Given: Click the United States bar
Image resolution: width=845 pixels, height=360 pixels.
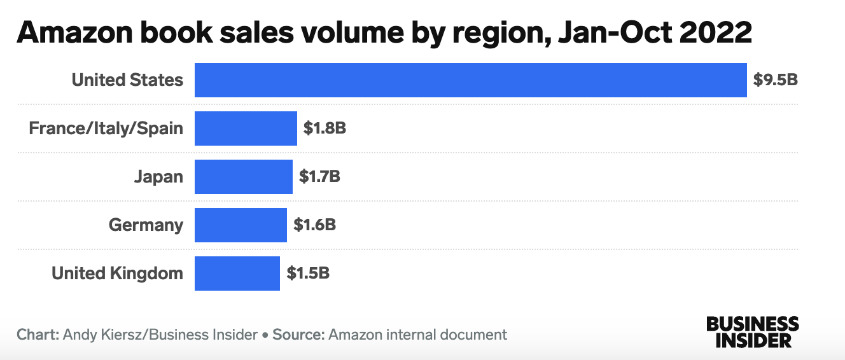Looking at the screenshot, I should tap(470, 80).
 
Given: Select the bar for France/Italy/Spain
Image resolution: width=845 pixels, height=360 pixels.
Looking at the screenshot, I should tap(246, 128).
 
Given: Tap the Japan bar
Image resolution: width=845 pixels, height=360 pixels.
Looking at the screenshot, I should tap(243, 177).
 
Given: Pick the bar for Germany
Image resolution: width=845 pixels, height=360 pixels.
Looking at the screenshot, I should tap(241, 225).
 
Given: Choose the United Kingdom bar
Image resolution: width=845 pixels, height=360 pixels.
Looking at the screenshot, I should tap(237, 273).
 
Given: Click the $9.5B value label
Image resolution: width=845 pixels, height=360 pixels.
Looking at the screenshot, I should tap(775, 80).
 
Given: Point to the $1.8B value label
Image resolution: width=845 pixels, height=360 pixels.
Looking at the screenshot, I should tap(325, 128).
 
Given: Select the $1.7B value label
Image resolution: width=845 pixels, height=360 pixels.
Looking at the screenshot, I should tap(319, 177).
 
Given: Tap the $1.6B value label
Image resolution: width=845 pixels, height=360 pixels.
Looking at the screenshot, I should tap(314, 225).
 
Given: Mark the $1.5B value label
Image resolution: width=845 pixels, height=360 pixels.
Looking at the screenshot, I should tap(308, 273).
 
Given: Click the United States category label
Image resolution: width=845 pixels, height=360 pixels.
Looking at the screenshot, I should tap(127, 80).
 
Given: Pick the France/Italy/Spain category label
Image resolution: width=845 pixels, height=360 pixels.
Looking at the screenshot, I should tap(106, 128).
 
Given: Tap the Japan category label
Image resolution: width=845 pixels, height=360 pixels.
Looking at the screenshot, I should tap(158, 177).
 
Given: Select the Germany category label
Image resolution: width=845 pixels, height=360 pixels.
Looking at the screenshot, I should tap(146, 225).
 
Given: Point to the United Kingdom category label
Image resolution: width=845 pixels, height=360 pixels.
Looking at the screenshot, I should tap(117, 273).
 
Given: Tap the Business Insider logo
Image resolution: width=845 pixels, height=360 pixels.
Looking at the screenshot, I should tap(752, 331).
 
